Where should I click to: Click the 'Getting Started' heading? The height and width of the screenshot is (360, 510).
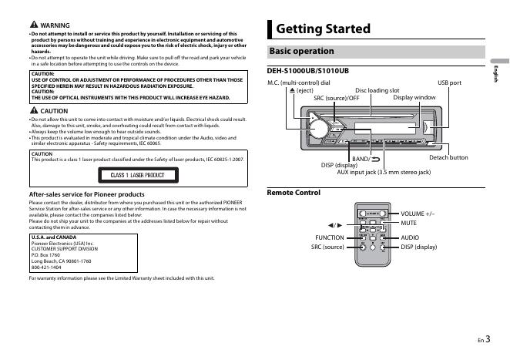pos(323,29)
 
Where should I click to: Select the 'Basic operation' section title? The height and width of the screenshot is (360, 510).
pos(300,52)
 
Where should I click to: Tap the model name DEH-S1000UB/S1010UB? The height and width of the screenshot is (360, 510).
pos(307,71)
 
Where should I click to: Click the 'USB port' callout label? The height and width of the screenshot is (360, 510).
pos(449,82)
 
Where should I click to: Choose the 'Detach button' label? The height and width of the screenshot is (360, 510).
pos(448,157)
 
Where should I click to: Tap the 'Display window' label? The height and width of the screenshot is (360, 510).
pos(414,98)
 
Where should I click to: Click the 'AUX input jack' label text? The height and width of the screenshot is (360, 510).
pos(384,172)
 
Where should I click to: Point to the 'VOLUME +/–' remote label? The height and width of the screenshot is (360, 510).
pos(418,213)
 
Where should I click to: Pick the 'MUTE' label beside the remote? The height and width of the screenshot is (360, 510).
pos(409,222)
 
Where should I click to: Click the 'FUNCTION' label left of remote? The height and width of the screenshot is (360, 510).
pos(329,237)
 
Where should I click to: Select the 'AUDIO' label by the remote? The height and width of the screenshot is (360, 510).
pos(410,237)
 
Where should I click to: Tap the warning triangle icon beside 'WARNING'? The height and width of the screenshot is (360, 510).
pos(33,25)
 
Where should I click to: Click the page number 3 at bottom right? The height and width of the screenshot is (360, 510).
pos(488,337)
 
